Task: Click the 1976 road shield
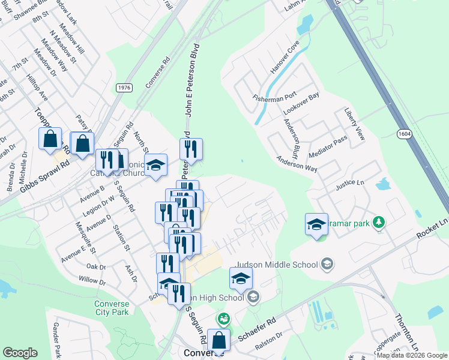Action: tap(124, 87)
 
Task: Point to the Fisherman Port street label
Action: tap(274, 97)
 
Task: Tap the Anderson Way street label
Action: tap(297, 164)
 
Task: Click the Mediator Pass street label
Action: tap(328, 146)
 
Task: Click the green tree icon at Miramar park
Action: tap(378, 223)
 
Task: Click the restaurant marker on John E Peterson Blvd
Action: tap(191, 149)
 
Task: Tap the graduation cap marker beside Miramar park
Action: tap(316, 224)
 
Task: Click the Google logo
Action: tap(20, 353)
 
